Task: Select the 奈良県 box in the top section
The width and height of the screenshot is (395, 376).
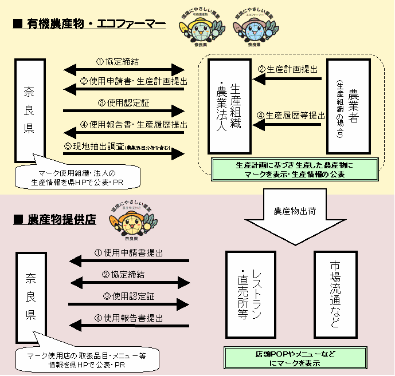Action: [x=29, y=109]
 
